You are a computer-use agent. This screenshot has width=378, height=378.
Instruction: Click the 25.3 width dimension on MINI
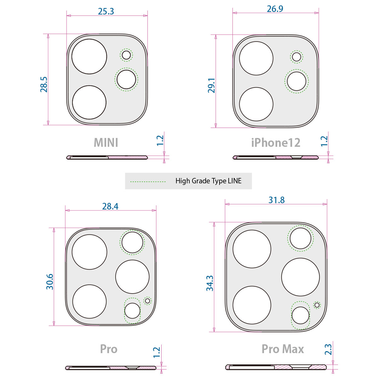106,12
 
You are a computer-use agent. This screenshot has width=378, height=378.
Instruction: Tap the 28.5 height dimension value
44,84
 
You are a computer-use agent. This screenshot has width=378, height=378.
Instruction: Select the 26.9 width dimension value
275,9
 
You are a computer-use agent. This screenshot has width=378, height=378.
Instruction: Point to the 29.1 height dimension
211,85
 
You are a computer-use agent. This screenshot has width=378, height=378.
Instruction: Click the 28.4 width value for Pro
110,206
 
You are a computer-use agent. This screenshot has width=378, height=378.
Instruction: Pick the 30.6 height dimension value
50,282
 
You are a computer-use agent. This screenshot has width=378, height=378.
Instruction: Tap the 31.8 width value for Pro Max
276,200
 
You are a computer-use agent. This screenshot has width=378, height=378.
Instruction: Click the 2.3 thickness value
328,349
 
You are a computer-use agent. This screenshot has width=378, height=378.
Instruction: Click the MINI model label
106,143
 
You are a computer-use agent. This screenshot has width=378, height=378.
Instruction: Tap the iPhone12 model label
276,143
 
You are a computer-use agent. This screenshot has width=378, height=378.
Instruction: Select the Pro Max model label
283,349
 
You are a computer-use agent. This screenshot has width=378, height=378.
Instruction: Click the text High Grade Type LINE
208,181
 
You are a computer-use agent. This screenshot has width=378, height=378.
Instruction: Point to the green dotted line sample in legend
148,181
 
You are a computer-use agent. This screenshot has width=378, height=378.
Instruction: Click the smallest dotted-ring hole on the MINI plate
126,55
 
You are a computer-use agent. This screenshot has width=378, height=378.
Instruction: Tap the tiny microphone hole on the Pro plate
147,301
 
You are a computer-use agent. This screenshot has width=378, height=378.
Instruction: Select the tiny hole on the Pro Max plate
317,305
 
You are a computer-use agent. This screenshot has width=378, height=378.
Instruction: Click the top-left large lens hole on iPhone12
256,58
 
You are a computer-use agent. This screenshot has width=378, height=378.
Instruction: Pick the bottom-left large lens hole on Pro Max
252,305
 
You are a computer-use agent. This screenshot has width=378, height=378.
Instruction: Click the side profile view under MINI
107,157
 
